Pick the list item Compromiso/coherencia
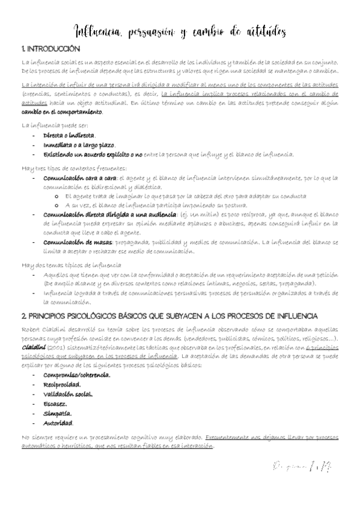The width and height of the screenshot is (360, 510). (76, 375)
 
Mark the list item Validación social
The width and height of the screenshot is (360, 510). (68, 394)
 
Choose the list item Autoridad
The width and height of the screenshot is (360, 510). (59, 423)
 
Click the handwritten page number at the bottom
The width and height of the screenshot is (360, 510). (306, 465)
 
